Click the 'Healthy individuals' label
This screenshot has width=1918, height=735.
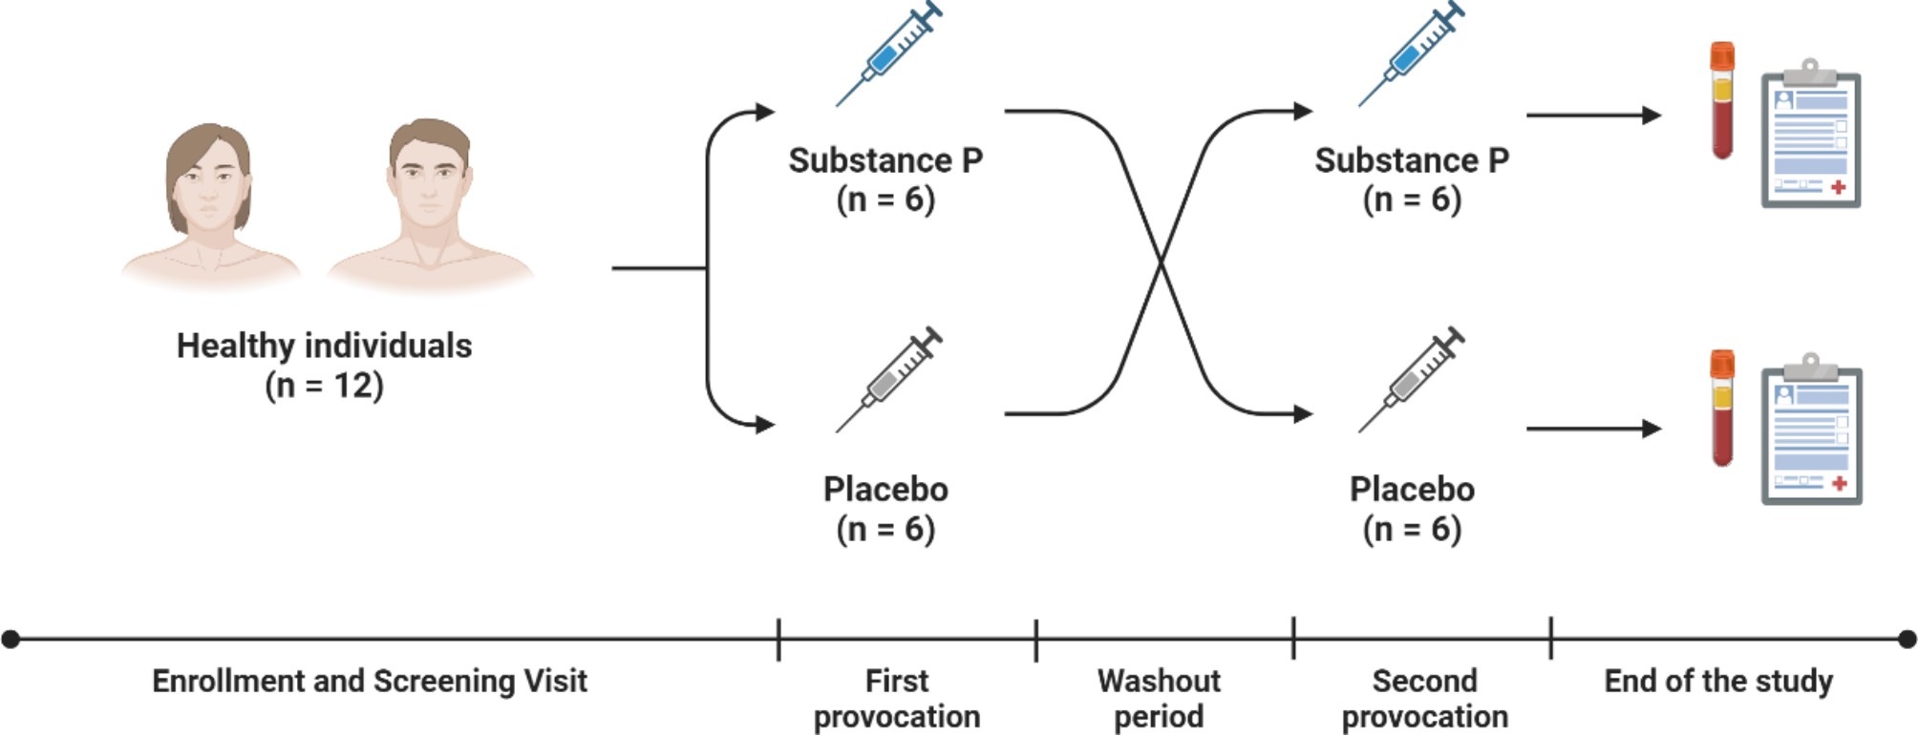click(x=324, y=346)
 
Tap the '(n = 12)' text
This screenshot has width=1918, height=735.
click(x=324, y=386)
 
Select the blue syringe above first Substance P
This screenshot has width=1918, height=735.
click(x=887, y=54)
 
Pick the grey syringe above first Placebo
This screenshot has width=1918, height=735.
click(x=887, y=380)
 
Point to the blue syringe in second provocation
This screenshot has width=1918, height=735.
click(x=1411, y=54)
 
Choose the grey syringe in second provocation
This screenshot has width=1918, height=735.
click(x=1411, y=380)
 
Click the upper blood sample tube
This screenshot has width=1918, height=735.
click(x=1722, y=100)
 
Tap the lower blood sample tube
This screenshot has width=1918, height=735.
click(x=1722, y=409)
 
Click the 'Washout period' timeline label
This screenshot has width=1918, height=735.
click(x=1159, y=699)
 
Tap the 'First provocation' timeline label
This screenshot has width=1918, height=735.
click(x=897, y=699)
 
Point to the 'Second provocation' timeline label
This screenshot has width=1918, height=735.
click(x=1424, y=699)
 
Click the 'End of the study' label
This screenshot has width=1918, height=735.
click(x=1718, y=682)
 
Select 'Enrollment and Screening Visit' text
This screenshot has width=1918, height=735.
click(x=370, y=682)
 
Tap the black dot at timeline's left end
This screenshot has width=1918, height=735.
click(x=11, y=639)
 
